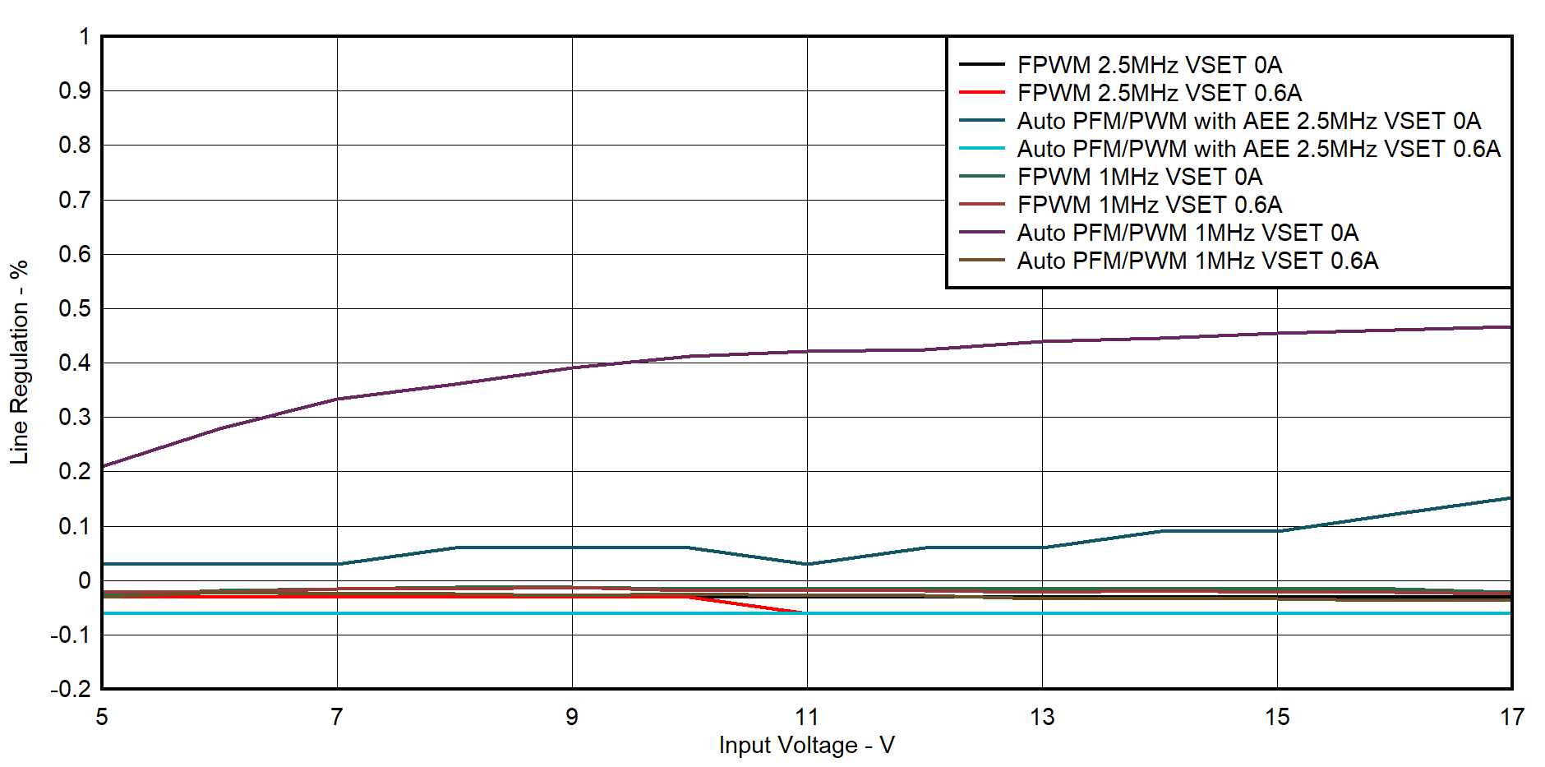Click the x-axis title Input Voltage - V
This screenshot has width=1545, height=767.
pyautogui.click(x=806, y=745)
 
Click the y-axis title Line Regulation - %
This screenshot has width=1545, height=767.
pyautogui.click(x=19, y=363)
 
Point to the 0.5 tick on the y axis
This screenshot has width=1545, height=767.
pyautogui.click(x=74, y=308)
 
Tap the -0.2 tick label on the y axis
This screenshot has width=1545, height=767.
pyautogui.click(x=71, y=689)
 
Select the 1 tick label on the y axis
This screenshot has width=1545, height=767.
pyautogui.click(x=84, y=37)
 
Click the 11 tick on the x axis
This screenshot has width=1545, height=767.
pyautogui.click(x=807, y=717)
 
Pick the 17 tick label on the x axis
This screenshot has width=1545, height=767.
pyautogui.click(x=1511, y=717)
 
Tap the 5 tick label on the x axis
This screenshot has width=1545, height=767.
pyautogui.click(x=102, y=717)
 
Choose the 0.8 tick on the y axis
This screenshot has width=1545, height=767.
pyautogui.click(x=74, y=146)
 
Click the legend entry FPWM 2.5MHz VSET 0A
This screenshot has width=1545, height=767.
pyautogui.click(x=1149, y=65)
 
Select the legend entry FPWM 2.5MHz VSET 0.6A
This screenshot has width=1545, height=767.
pyautogui.click(x=1159, y=93)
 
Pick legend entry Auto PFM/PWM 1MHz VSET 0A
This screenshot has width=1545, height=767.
pyautogui.click(x=1188, y=233)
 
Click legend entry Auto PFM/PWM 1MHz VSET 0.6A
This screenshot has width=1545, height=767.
pyautogui.click(x=1197, y=261)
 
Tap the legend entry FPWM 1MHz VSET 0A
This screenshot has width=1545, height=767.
pyautogui.click(x=1139, y=177)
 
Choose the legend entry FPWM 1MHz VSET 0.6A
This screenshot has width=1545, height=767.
pyautogui.click(x=1149, y=205)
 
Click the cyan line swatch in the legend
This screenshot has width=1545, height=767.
pyautogui.click(x=982, y=149)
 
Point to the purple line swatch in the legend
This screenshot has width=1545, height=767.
pyautogui.click(x=982, y=233)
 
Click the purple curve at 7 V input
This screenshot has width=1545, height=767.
pyautogui.click(x=337, y=399)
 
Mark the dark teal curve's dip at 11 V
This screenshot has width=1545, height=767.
pyautogui.click(x=807, y=564)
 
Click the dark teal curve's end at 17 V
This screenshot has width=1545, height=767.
pyautogui.click(x=1510, y=498)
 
